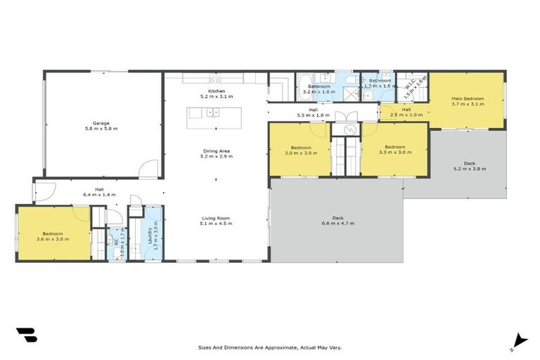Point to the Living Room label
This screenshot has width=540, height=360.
[x=216, y=220]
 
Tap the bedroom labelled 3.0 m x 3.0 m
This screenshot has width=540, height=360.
[x=298, y=150]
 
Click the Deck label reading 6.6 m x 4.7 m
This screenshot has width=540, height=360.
[x=335, y=220]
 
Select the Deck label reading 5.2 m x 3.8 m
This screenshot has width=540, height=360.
[x=469, y=166]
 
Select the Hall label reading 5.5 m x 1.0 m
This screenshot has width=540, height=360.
[x=312, y=112]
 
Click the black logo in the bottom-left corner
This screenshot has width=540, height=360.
[x=25, y=335]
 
